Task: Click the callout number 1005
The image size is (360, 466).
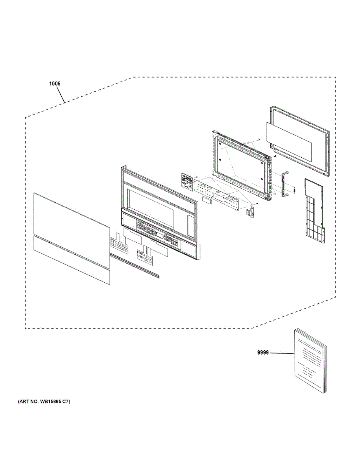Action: point(55,83)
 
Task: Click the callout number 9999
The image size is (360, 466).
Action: point(263,353)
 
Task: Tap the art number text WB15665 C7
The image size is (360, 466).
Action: point(43,402)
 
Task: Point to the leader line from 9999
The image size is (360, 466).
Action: point(282,353)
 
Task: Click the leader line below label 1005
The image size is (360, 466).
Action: point(61,95)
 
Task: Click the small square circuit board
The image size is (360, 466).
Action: point(188,181)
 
